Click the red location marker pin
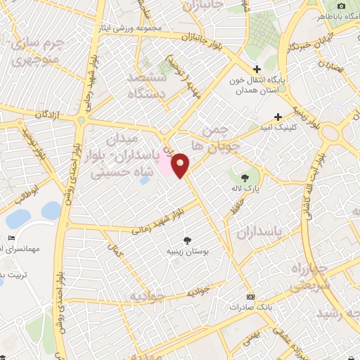coord(181,165)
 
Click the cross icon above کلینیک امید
coord(278,117)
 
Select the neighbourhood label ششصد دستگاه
coord(146,84)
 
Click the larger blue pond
coord(51,210)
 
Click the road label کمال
coord(115,247)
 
